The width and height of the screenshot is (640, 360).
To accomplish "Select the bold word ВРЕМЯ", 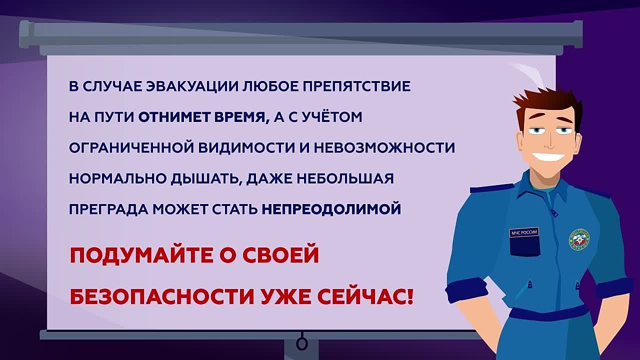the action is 241,117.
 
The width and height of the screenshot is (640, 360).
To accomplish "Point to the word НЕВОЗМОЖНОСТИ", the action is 384,147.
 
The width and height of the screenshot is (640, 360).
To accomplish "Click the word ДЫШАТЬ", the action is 205,179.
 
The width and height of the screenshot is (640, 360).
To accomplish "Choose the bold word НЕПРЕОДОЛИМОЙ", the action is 331,209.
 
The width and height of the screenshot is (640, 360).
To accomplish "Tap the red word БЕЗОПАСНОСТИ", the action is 162,296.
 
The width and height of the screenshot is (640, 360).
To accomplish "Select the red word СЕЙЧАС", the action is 365,296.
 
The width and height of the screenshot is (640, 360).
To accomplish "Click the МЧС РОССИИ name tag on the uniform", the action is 524,232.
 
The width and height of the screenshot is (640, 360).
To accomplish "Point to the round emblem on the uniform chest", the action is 579,239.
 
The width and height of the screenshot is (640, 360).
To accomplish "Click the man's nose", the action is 547,143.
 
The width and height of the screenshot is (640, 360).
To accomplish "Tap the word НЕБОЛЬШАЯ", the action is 345,178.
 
